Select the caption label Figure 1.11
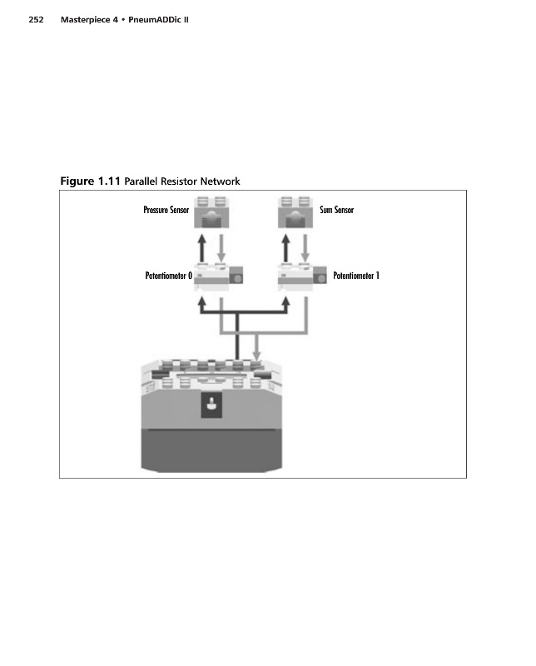coord(91,181)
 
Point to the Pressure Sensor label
coord(166,210)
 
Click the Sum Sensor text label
coord(336,210)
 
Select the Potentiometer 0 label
coord(167,276)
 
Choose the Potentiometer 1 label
coord(356,276)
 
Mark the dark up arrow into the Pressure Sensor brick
coord(201,246)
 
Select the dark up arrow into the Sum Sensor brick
coord(286,246)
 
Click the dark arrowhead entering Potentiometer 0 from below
coord(201,306)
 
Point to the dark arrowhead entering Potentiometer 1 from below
coord(287,306)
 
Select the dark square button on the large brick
coord(210,406)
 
